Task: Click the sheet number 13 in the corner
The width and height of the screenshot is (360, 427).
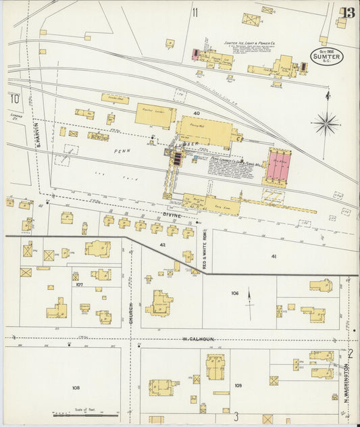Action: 348,13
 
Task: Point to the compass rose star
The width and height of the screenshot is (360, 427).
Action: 326,123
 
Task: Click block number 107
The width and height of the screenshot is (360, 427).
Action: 79,284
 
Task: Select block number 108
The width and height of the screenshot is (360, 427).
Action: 75,388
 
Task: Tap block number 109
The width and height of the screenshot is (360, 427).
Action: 238,385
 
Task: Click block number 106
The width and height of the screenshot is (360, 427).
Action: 234,293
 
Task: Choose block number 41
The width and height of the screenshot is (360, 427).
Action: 274,256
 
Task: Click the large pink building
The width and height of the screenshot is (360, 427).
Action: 278,166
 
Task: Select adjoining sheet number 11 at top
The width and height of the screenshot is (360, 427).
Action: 195,11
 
